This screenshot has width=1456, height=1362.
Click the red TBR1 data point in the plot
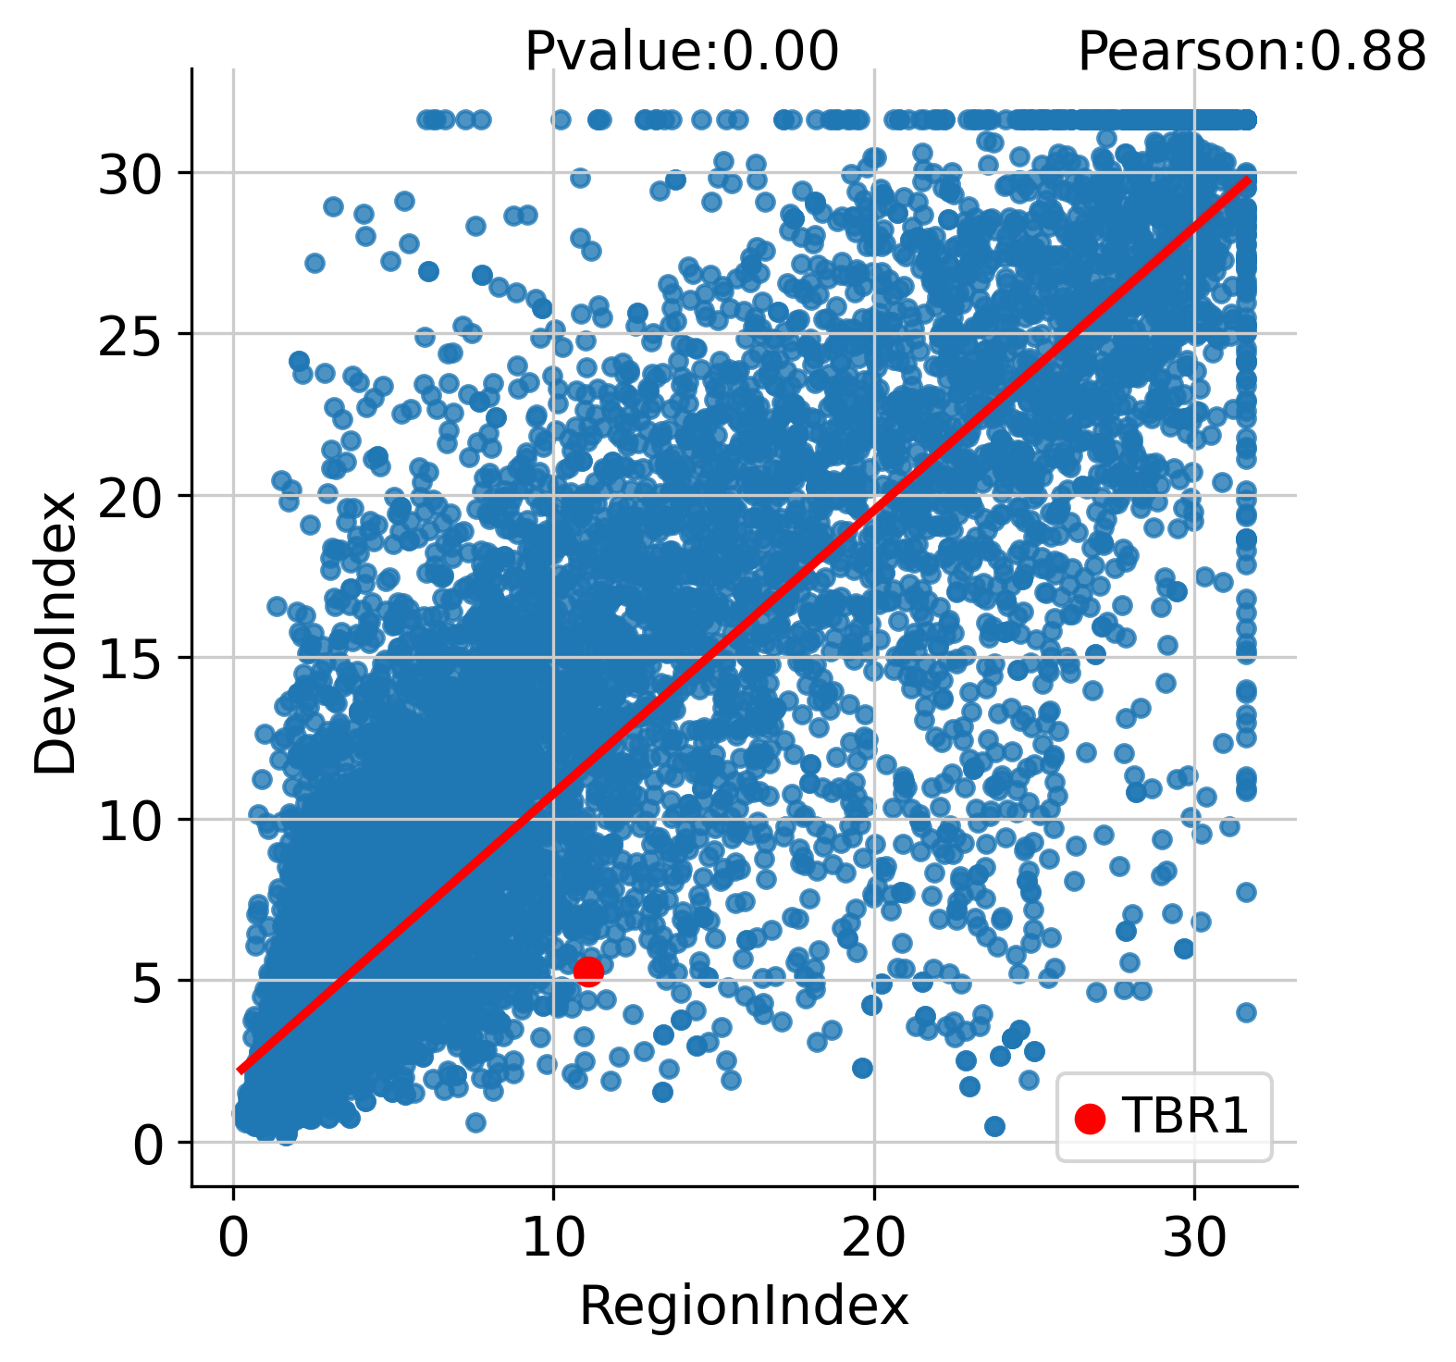[x=588, y=971]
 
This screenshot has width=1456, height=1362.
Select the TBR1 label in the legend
[x=1185, y=1117]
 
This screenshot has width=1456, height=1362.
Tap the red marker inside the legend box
[x=1090, y=1118]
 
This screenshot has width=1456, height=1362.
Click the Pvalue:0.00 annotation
[x=682, y=51]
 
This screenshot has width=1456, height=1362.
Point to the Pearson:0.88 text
[x=1252, y=51]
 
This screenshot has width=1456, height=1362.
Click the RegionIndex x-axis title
[x=744, y=1307]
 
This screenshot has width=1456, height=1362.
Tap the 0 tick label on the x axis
[x=233, y=1239]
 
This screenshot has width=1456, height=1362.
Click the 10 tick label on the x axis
[x=553, y=1239]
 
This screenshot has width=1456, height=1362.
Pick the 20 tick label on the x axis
[x=873, y=1239]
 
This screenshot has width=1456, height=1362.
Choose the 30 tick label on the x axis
[x=1193, y=1239]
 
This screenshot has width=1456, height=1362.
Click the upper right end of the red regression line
[x=1248, y=180]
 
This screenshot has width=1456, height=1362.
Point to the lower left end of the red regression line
[x=241, y=1070]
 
